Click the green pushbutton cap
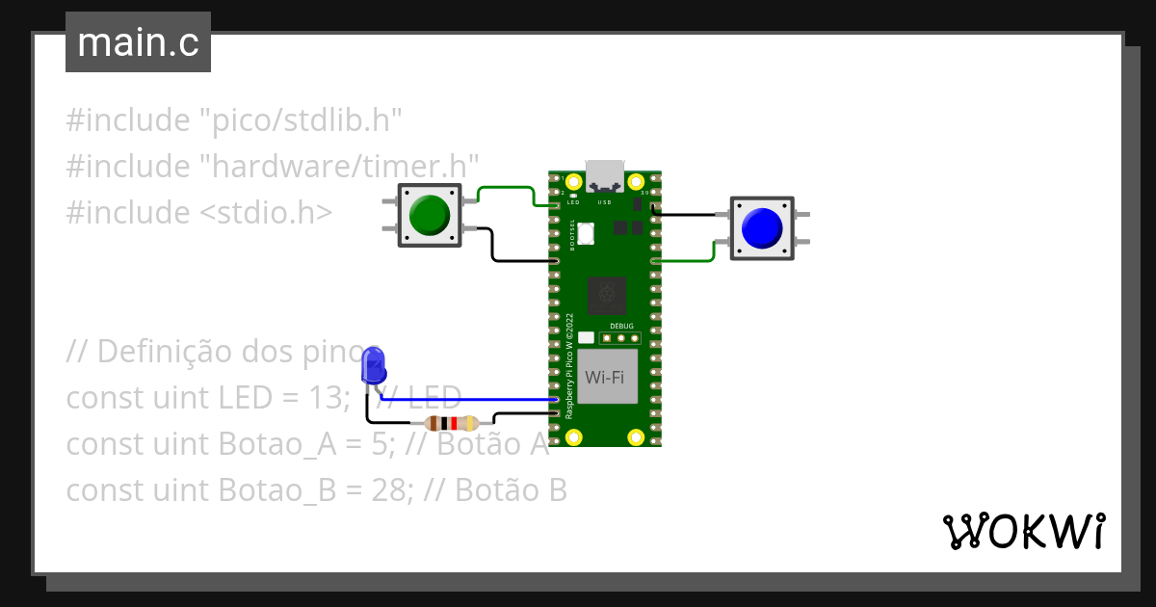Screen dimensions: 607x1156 point(430,215)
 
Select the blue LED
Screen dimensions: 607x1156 point(373,366)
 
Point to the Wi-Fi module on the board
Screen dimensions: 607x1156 point(604,377)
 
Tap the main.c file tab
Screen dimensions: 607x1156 point(138,43)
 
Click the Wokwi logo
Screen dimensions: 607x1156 point(1022,531)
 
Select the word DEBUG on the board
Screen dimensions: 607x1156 point(622,327)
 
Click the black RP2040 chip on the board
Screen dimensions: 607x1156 point(606,295)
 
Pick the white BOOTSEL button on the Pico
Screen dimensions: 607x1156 point(587,233)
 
